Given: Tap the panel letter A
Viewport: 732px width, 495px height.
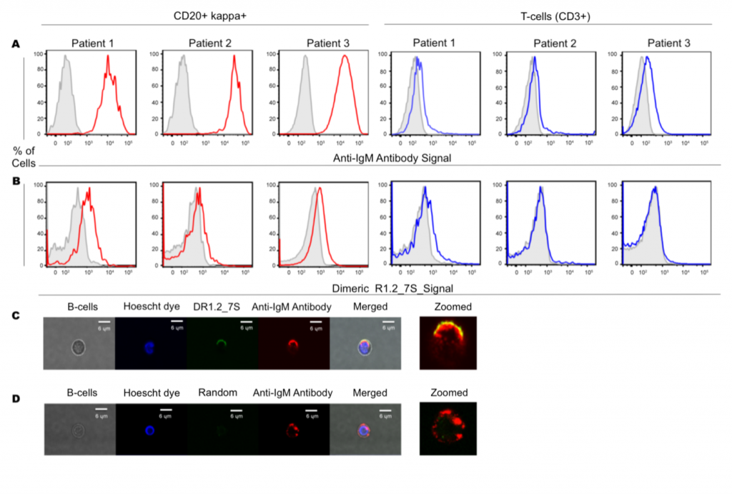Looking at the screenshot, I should click(15, 45).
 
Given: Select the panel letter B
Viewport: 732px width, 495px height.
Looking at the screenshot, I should click(15, 180).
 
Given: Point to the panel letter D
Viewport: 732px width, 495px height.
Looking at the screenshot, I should click(15, 397).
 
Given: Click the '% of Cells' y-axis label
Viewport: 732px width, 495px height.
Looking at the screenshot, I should click(23, 157).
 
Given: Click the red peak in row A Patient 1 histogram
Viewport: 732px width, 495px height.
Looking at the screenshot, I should click(109, 57).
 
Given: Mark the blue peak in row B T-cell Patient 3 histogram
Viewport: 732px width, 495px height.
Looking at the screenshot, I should click(655, 189).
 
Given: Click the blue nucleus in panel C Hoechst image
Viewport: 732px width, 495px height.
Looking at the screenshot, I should click(150, 348).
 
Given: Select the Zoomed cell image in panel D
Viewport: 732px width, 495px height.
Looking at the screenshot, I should click(447, 429).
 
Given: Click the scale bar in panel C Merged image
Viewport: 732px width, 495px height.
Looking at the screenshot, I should click(387, 322).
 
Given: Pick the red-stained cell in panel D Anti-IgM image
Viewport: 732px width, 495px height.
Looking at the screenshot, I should click(293, 432).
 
